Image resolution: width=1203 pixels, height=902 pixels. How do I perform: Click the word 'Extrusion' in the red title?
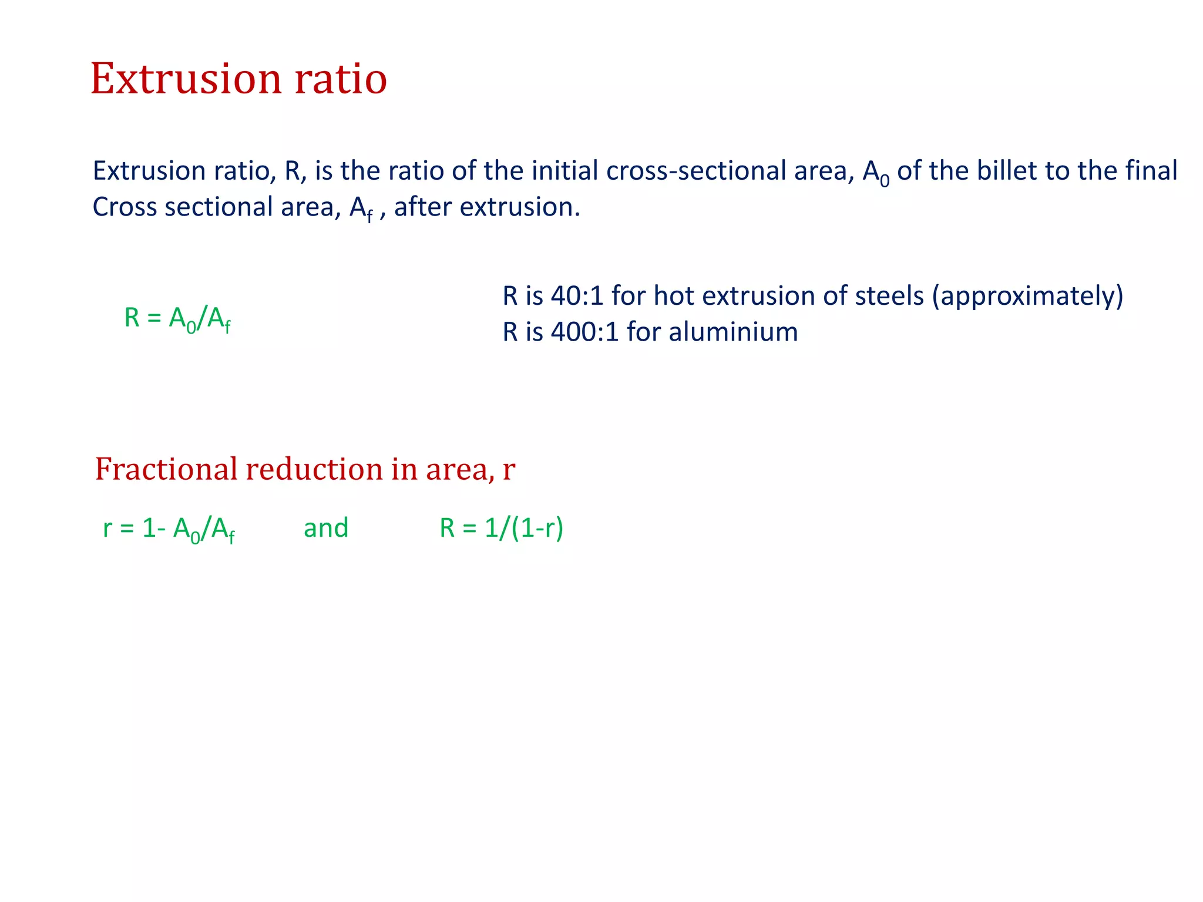point(186,79)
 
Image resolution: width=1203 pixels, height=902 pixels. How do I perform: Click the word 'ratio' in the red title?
point(340,79)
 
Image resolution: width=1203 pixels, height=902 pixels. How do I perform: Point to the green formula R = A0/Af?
point(177,319)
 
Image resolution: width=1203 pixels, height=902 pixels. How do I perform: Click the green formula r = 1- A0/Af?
point(169,529)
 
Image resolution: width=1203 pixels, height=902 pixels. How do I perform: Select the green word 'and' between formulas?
point(326,528)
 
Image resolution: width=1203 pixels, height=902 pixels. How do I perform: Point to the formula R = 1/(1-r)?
point(502,528)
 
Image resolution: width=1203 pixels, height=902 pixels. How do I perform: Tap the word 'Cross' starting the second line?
point(125,207)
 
